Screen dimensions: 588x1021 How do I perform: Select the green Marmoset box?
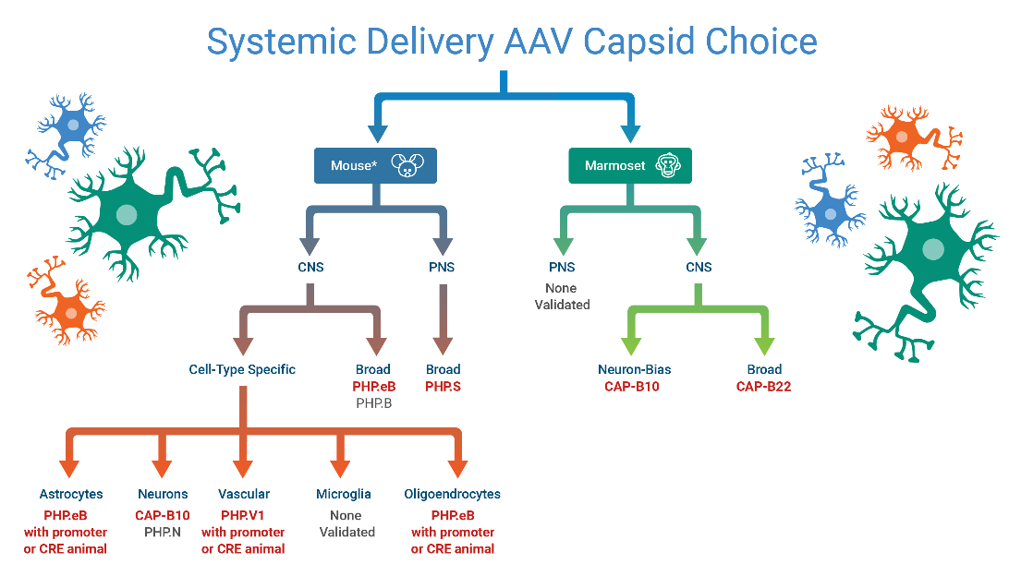pos(628,166)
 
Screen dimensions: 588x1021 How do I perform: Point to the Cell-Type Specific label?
pos(242,369)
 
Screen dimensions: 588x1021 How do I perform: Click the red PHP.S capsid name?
pos(443,386)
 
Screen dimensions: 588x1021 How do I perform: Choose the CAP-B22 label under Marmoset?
pos(763,386)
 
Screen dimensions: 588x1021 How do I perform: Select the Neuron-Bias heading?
pos(634,369)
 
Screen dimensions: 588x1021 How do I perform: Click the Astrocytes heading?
pos(71,494)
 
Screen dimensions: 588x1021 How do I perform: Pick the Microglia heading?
pos(344,494)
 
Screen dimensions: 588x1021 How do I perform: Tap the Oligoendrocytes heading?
pos(453,494)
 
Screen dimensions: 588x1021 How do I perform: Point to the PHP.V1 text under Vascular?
pos(243,514)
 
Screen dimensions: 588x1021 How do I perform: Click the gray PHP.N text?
pos(163,532)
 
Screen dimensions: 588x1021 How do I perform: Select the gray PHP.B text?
pos(373,402)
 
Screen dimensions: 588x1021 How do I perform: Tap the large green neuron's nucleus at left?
pos(127,215)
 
